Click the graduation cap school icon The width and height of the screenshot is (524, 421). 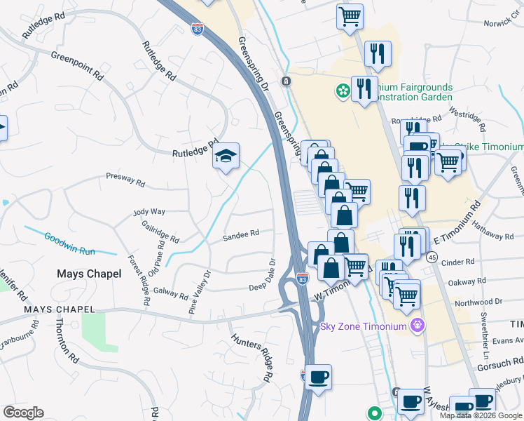pos(226,155)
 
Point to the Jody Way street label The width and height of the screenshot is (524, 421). pos(149,211)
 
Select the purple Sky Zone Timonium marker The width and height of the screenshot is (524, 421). pos(419,325)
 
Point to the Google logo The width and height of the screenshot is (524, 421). pos(23,412)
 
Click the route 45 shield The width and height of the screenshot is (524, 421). pos(432,258)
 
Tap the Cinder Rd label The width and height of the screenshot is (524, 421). pos(460,262)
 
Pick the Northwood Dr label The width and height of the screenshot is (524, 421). pos(478,300)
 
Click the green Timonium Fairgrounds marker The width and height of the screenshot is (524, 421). pos(343,91)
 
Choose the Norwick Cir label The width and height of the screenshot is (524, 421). pos(502,23)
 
